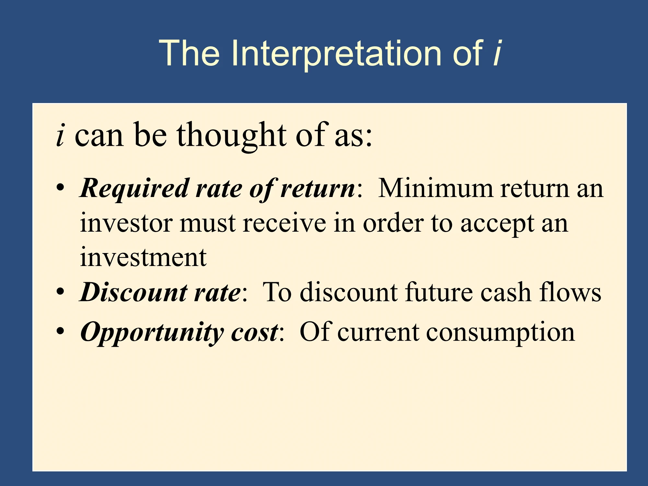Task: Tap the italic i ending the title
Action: click(x=497, y=53)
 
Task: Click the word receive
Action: click(x=284, y=224)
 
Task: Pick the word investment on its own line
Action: click(x=143, y=258)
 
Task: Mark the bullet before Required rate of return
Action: click(x=60, y=188)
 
